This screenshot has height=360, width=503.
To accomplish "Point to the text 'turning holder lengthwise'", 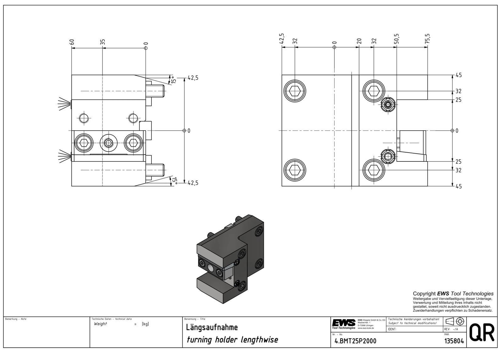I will pos(232,340).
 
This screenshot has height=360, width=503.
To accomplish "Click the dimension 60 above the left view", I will pos(72,42).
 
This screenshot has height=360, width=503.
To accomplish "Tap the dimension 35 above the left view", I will pos(102,42).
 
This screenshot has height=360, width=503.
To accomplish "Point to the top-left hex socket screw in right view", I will pos(295,91).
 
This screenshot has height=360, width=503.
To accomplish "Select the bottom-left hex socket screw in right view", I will pos(295,170).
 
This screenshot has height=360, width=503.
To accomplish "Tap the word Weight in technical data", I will pos(101,324).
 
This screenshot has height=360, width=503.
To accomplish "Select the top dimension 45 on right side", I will pos(459,75).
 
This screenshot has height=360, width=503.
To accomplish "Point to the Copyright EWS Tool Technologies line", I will pos(453,294).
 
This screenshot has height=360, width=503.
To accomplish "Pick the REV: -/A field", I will pos(451,329).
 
